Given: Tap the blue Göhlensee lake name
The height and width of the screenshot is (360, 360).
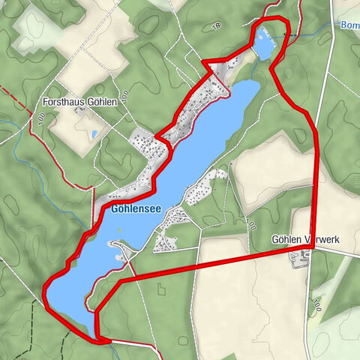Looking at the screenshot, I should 133,210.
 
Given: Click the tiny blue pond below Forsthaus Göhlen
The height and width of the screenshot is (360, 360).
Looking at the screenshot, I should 94,134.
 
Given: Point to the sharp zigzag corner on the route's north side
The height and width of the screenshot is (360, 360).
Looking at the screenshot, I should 205,61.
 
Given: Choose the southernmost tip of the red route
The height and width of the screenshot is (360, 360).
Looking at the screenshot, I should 100,340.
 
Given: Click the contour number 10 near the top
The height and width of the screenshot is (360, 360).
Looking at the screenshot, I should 217,26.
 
